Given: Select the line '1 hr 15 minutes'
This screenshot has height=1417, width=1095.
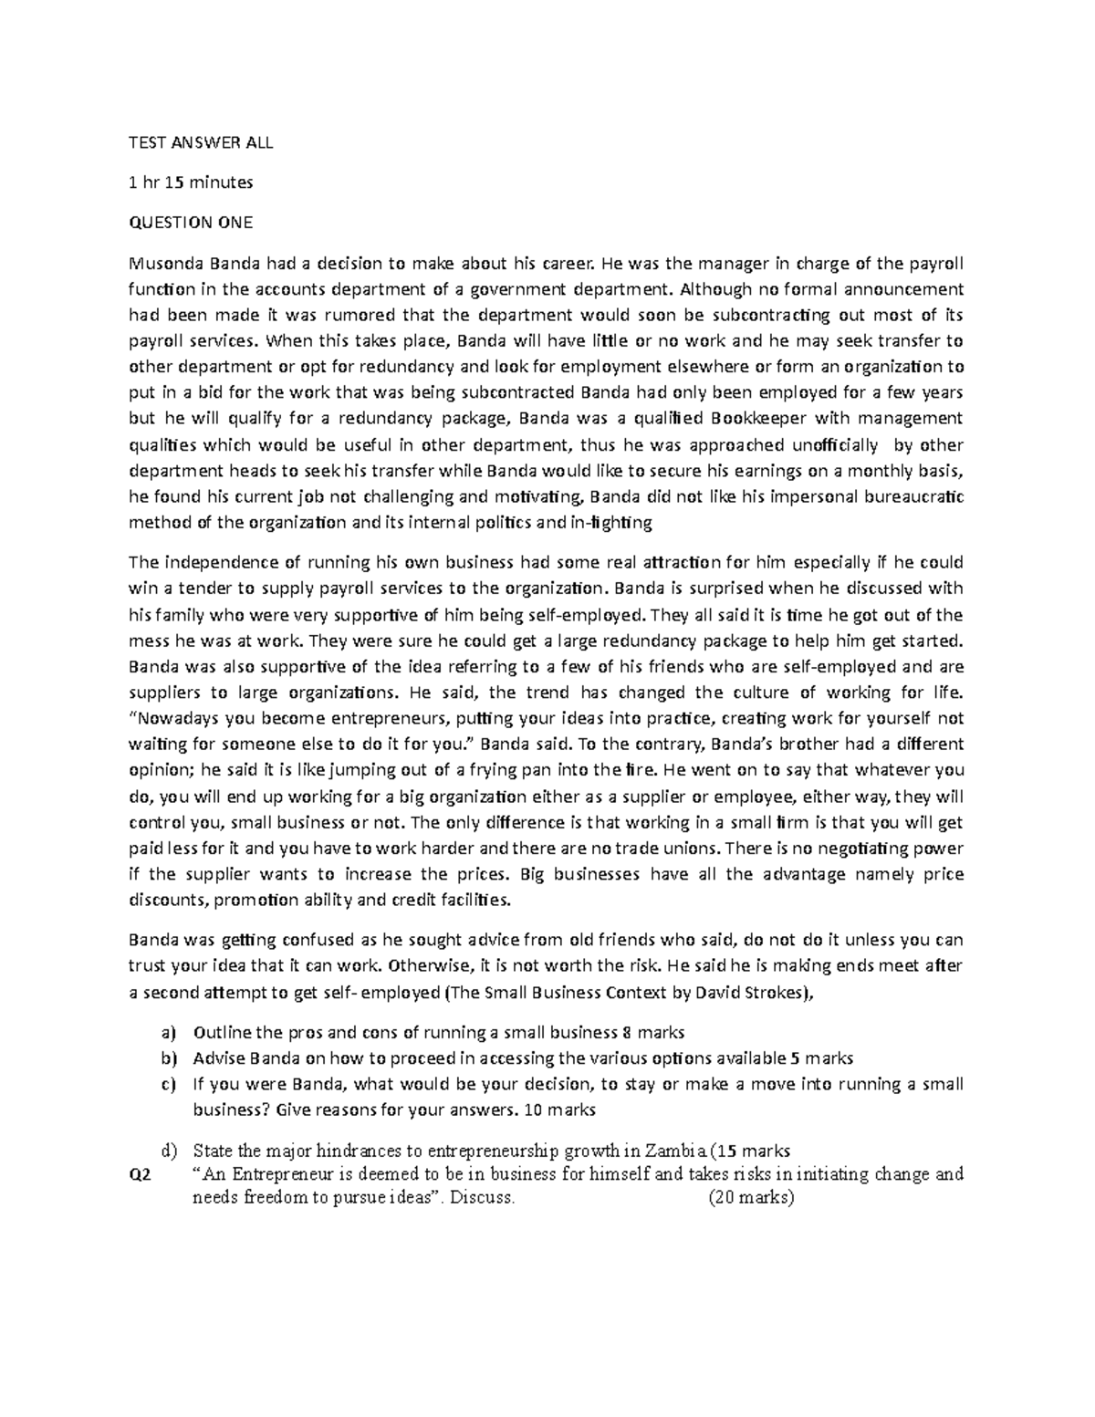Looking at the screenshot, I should click(191, 182).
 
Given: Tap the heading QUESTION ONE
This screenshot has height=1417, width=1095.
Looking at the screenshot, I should click(191, 222).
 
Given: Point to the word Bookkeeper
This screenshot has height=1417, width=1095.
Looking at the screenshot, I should click(758, 419).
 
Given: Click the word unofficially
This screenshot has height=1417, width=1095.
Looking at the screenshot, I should click(825, 445).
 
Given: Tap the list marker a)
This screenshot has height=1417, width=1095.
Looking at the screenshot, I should click(166, 1033).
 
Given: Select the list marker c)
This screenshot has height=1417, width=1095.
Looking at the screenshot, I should click(166, 1085).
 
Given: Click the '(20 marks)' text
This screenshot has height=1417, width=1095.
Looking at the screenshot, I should click(751, 1198).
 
